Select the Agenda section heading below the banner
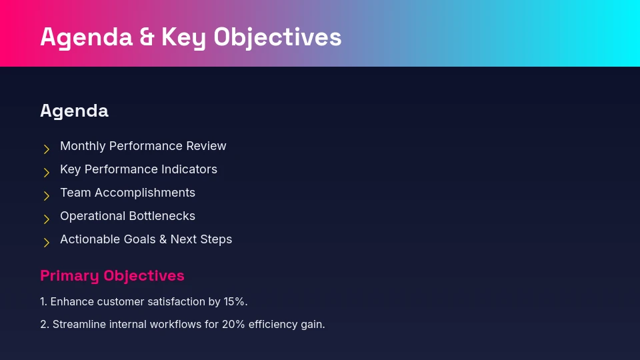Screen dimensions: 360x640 [x=74, y=111]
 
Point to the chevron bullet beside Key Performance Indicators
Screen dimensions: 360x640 [x=47, y=173]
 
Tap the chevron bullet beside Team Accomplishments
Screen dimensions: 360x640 [x=47, y=196]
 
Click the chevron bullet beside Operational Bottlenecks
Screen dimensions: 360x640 [x=47, y=219]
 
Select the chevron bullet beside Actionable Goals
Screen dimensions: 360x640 [x=47, y=243]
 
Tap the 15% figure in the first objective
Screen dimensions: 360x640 [x=235, y=302]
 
